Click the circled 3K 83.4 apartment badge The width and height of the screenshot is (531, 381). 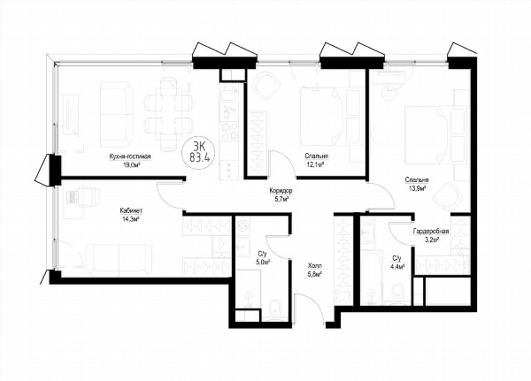(199, 152)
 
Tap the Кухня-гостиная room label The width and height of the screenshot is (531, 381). (130, 156)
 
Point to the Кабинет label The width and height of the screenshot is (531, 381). (131, 210)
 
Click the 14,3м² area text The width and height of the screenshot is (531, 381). (131, 219)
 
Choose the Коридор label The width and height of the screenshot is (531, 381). (281, 191)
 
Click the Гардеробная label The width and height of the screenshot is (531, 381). (431, 232)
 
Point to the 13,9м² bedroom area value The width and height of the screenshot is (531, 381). (417, 188)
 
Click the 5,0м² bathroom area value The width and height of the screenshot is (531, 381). (263, 262)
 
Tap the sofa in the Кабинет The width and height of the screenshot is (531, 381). (119, 258)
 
